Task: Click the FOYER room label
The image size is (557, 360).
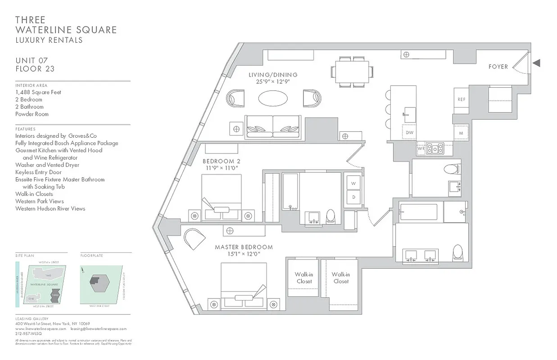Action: point(498,67)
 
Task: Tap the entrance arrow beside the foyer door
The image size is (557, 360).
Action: point(536,63)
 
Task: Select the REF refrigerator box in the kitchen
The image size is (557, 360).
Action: point(462,99)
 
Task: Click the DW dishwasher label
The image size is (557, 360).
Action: point(409,133)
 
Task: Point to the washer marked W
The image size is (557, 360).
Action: point(353,183)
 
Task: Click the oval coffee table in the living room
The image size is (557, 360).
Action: point(274,99)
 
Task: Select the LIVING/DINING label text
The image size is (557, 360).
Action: point(273,75)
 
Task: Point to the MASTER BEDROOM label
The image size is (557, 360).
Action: point(244,247)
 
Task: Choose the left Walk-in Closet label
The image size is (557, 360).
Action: point(303,278)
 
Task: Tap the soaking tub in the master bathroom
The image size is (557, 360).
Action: point(418,212)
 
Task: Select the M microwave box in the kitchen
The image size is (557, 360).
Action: point(461,133)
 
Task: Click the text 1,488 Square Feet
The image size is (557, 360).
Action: point(38,92)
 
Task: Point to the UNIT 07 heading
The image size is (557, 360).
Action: point(32,60)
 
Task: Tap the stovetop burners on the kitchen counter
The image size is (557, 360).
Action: point(435,148)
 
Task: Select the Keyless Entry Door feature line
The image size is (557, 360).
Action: point(38,172)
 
